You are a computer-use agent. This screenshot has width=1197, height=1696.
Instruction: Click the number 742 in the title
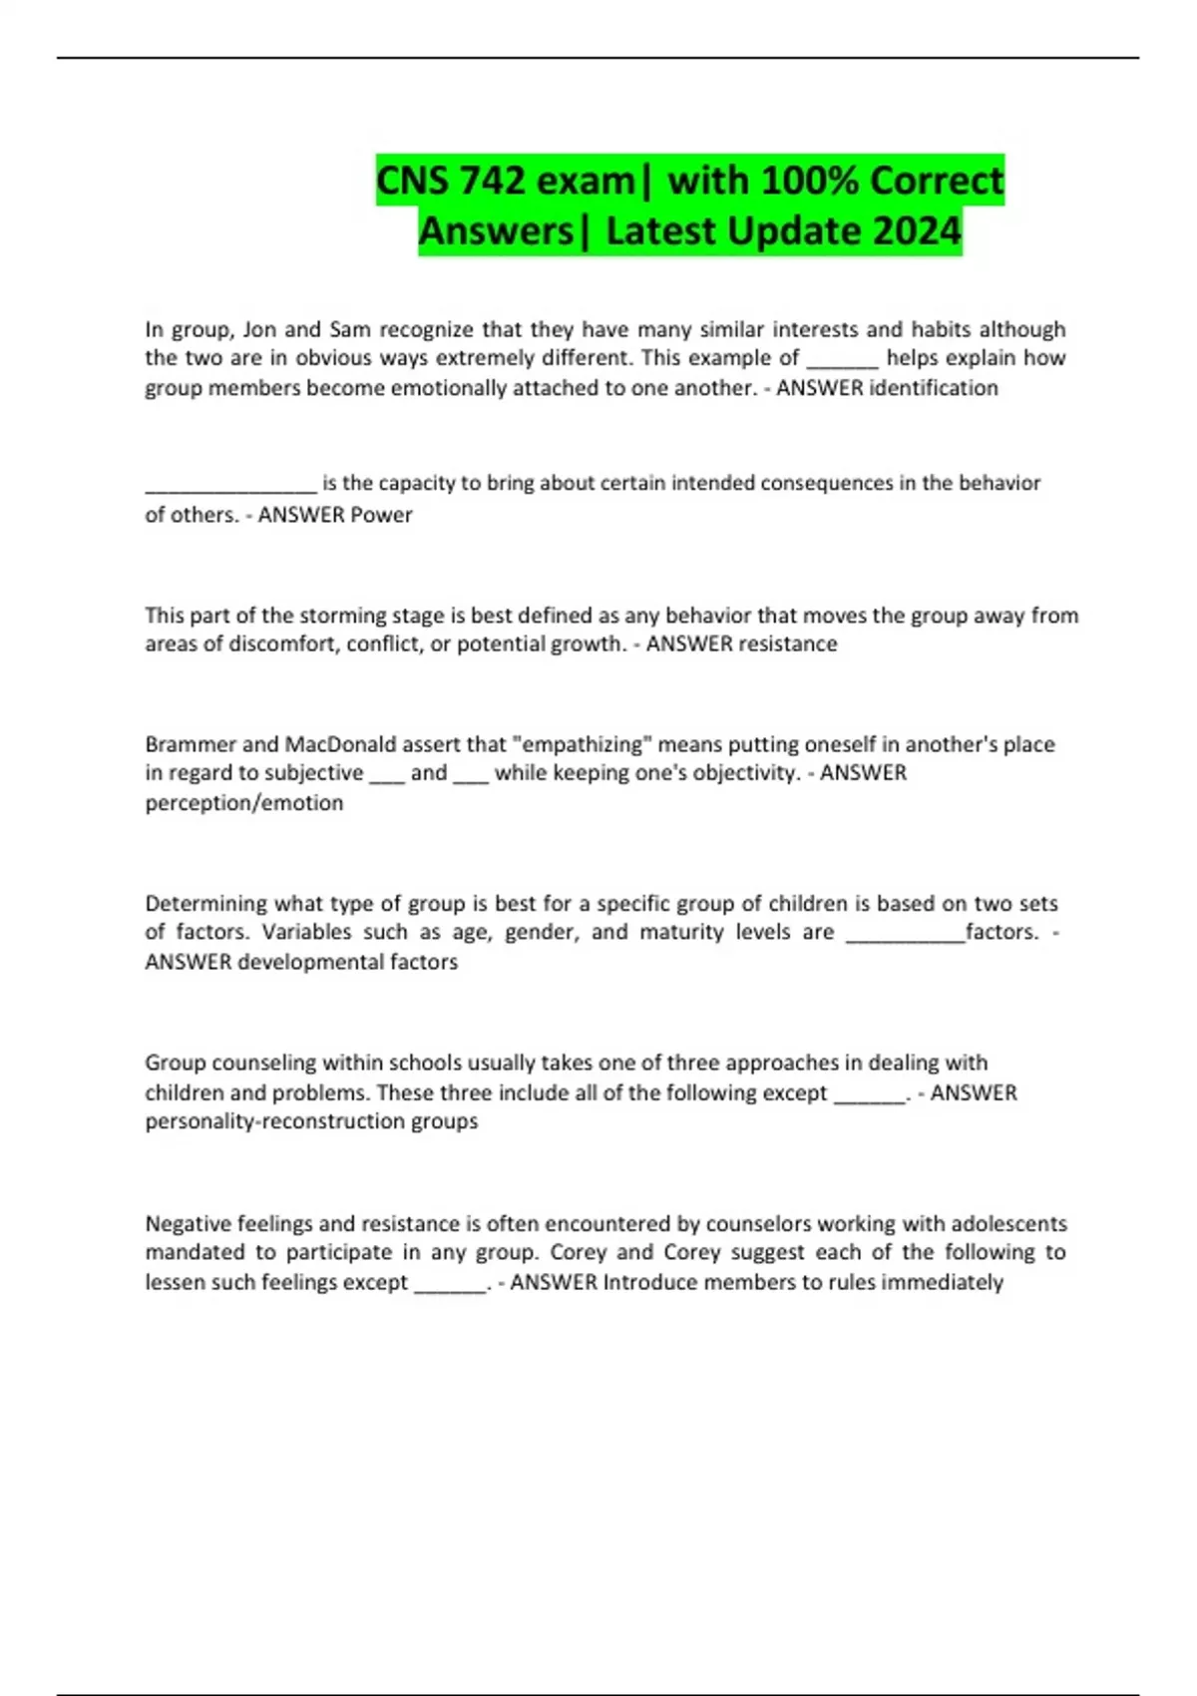coord(493,181)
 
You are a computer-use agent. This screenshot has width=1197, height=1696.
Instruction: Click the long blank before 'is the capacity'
coord(230,484)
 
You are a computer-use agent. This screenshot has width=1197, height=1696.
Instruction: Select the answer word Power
coord(379,515)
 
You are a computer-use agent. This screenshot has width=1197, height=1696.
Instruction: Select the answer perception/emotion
coord(244,803)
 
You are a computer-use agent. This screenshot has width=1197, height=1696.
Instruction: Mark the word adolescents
coord(1008,1223)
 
